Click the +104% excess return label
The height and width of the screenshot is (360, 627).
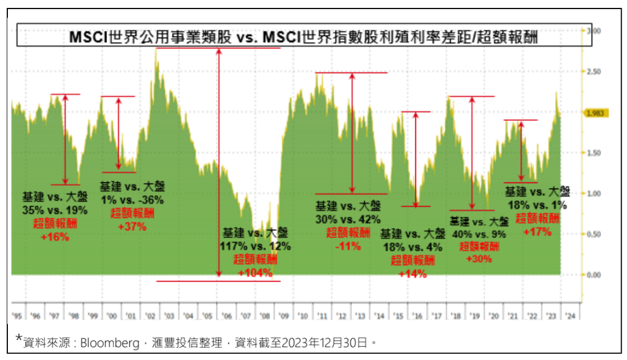pos(255,273)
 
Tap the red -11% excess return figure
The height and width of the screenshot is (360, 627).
pos(348,246)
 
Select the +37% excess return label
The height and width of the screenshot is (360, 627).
pos(128,227)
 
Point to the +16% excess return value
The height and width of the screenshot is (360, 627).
pos(55,237)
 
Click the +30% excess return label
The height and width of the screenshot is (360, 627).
pos(479,258)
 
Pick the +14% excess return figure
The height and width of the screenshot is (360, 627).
pos(412,274)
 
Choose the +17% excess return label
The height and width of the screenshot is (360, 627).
pos(537,232)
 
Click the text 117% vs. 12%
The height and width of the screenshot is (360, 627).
pos(255,246)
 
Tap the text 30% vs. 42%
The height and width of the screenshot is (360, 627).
pos(348,219)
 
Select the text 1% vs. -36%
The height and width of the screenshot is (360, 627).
pos(128,199)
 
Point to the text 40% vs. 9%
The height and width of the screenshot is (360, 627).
pos(479,233)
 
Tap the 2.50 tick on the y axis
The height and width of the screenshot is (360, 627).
pos(592,72)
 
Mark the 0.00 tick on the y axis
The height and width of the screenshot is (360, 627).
pos(592,275)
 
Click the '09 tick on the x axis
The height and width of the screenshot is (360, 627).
pos(283,316)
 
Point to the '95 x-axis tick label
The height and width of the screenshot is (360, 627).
pos(17,316)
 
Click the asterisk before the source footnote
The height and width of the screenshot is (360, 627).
pos(19,339)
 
